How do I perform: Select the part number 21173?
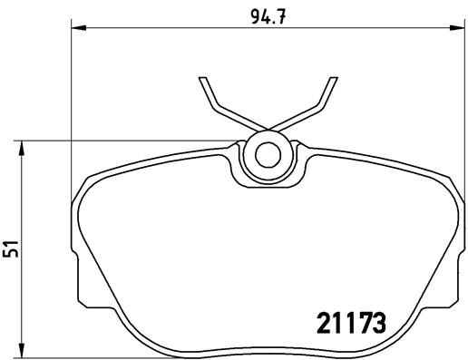[x=353, y=321]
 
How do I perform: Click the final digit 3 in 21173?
[x=381, y=321]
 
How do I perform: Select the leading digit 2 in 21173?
[x=324, y=321]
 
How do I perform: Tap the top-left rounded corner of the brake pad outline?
[x=89, y=177]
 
